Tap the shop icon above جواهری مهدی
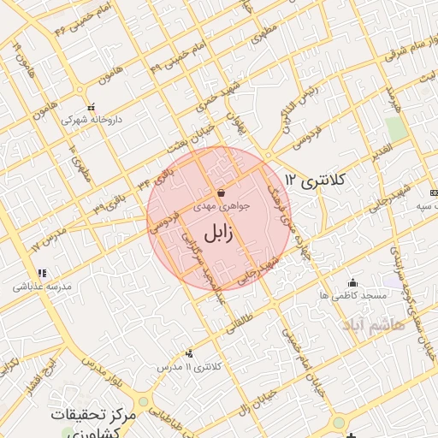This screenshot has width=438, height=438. pyautogui.click(x=222, y=193)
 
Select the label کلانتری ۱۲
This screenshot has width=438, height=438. pyautogui.click(x=315, y=181)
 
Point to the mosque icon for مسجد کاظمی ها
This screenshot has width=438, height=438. pyautogui.click(x=352, y=282)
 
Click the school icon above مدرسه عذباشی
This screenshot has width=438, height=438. pyautogui.click(x=42, y=273)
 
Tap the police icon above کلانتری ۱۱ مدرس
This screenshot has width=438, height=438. pyautogui.click(x=189, y=353)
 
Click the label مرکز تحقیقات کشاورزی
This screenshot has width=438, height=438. pyautogui.click(x=93, y=422)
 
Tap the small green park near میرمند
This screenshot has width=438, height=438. pyautogui.click(x=395, y=129)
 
